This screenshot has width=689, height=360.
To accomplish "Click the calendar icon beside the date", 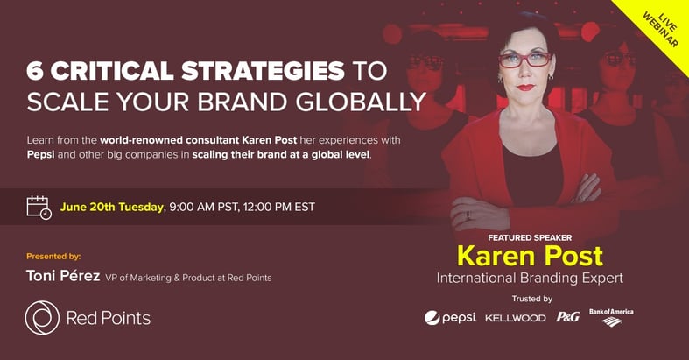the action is click(x=39, y=208).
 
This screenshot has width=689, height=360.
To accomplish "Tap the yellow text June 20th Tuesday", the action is click(x=111, y=207).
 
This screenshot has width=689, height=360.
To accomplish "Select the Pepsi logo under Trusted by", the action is click(x=450, y=317).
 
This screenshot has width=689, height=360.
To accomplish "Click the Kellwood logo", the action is click(x=516, y=318).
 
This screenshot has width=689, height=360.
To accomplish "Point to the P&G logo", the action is click(x=568, y=316).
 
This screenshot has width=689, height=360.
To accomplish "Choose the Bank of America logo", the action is click(x=611, y=317).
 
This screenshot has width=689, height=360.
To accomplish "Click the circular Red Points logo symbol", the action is click(x=42, y=318).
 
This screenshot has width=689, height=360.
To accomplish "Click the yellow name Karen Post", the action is click(x=530, y=256).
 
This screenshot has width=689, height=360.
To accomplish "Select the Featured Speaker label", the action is click(x=530, y=237).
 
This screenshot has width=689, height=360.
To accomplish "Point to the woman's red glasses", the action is click(x=524, y=60).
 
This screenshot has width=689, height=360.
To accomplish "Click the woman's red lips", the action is click(x=525, y=87).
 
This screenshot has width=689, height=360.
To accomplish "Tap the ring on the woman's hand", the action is click(x=468, y=215).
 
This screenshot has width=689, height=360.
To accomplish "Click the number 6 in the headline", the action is click(x=35, y=71).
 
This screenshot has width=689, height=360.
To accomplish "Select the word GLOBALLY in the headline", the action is click(x=361, y=102).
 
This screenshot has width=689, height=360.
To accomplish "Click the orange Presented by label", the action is click(x=53, y=257).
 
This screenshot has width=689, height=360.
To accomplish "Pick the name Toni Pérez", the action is click(x=63, y=276).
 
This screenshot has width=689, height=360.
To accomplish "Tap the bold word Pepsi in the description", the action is click(x=41, y=155).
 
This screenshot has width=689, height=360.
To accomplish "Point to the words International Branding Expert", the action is click(x=530, y=279).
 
